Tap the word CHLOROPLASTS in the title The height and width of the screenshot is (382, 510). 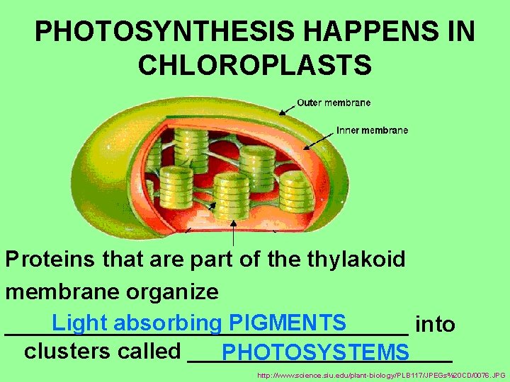click(x=255, y=64)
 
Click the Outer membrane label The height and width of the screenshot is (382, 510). click(x=334, y=103)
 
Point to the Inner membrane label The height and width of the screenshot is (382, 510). click(x=372, y=130)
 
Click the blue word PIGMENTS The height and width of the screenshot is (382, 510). click(x=287, y=322)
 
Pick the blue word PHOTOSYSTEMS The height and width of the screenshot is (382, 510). click(x=314, y=352)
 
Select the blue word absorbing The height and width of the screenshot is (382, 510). click(x=167, y=322)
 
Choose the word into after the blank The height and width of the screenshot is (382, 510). click(x=436, y=324)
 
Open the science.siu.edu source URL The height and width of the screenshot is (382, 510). click(x=382, y=375)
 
